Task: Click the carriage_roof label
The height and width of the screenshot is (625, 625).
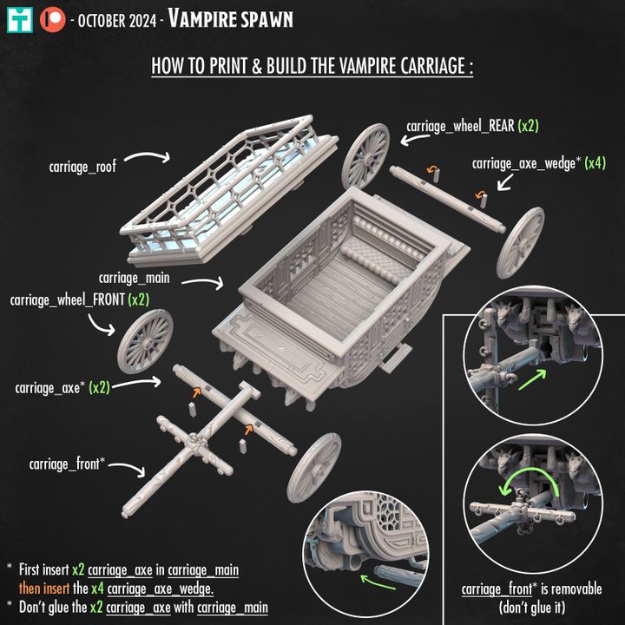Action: (x=82, y=167)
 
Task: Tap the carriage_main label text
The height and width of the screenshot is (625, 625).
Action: (x=134, y=278)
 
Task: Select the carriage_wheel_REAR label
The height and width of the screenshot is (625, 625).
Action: (x=460, y=127)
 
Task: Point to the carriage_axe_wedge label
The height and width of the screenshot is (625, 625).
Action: (x=523, y=163)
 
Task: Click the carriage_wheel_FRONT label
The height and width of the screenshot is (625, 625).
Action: (x=68, y=299)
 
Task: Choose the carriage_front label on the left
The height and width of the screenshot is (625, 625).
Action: (x=66, y=464)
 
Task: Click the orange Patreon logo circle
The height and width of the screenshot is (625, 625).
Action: (x=53, y=19)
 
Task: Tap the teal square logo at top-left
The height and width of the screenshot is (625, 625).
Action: (x=19, y=19)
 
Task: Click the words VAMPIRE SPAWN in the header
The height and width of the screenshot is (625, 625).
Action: (x=230, y=19)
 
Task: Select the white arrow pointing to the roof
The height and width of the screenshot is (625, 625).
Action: (x=148, y=156)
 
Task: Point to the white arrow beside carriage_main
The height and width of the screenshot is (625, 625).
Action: (x=202, y=283)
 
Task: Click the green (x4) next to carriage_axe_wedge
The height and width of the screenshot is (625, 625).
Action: (x=595, y=163)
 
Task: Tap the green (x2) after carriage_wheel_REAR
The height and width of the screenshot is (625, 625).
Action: (x=528, y=127)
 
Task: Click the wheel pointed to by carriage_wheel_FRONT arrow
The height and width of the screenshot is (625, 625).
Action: (x=145, y=342)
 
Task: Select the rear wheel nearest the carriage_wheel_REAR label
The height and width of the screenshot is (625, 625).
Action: (x=365, y=156)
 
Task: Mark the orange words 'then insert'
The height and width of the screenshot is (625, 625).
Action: (x=44, y=589)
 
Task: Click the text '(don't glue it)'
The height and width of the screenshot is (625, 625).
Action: (x=532, y=608)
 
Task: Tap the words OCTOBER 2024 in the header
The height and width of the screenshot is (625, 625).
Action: (x=117, y=21)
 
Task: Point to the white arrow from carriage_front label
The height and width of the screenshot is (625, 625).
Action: (x=127, y=469)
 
